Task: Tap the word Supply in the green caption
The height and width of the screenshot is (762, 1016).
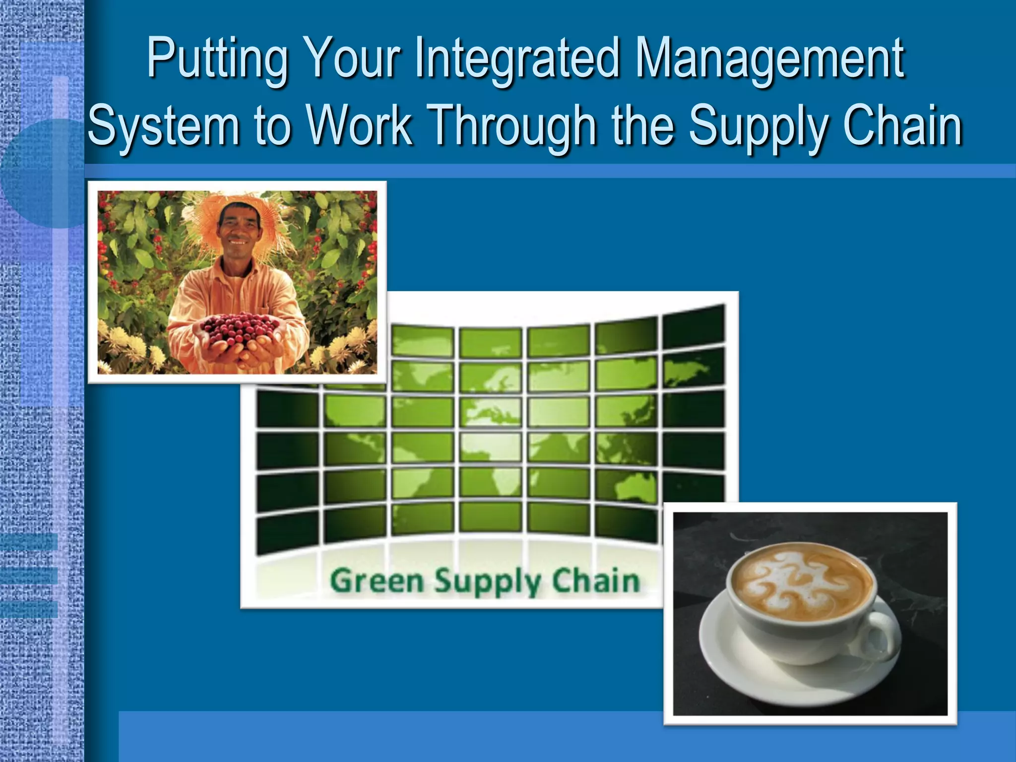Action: click(488, 581)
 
